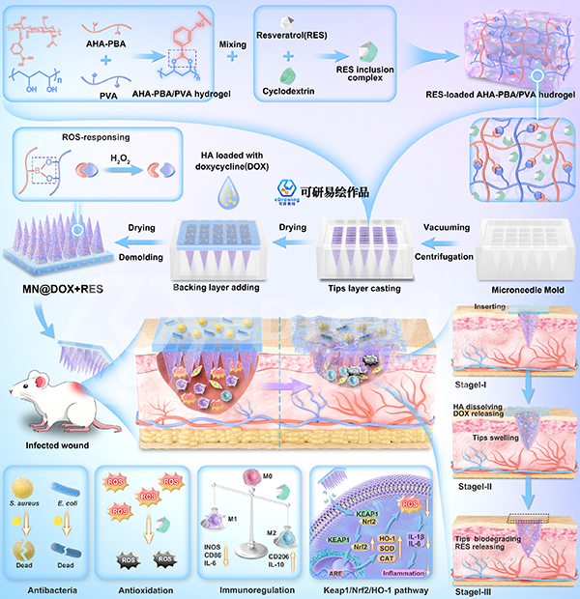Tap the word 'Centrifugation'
tap(447, 257)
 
